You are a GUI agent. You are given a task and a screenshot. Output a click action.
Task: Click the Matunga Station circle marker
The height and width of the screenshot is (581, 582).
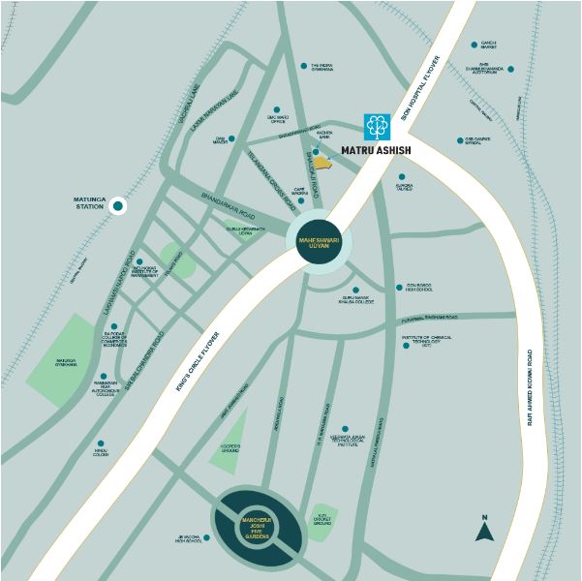[118, 205]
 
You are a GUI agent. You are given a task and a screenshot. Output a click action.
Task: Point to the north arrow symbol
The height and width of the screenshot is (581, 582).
[484, 530]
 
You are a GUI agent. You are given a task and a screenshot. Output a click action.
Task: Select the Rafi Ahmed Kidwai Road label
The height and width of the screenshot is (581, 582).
[530, 387]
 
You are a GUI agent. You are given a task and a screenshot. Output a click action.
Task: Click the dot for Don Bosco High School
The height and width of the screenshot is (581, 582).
[399, 287]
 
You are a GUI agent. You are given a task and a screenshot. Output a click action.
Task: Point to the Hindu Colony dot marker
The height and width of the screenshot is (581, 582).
[100, 443]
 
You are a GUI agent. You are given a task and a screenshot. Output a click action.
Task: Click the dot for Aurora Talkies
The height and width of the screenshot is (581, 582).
[401, 176]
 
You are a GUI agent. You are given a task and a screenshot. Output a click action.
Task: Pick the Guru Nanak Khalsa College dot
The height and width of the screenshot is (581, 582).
[355, 290]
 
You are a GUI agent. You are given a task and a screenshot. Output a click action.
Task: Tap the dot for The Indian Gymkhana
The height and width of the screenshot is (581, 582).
[303, 66]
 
